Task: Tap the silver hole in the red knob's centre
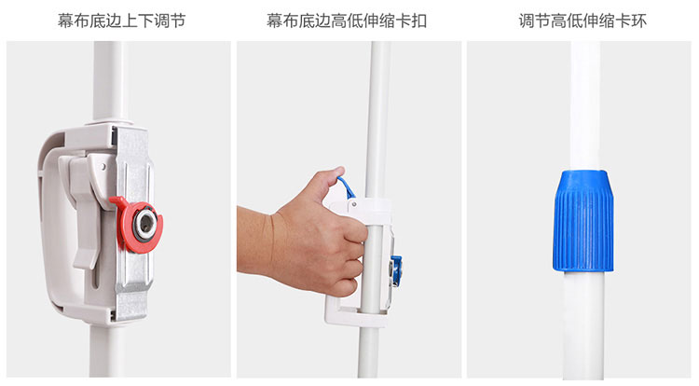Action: [145, 224]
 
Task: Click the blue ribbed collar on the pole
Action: [583, 221]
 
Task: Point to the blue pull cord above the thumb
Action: [347, 187]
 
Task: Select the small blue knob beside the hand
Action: [396, 269]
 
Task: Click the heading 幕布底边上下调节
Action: [122, 21]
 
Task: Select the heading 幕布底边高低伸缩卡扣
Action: [347, 21]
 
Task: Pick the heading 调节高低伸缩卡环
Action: [582, 21]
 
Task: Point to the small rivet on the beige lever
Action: [103, 167]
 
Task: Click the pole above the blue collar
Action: [585, 105]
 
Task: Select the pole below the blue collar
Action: [584, 324]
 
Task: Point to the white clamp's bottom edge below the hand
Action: [357, 318]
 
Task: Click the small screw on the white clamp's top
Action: [354, 204]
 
